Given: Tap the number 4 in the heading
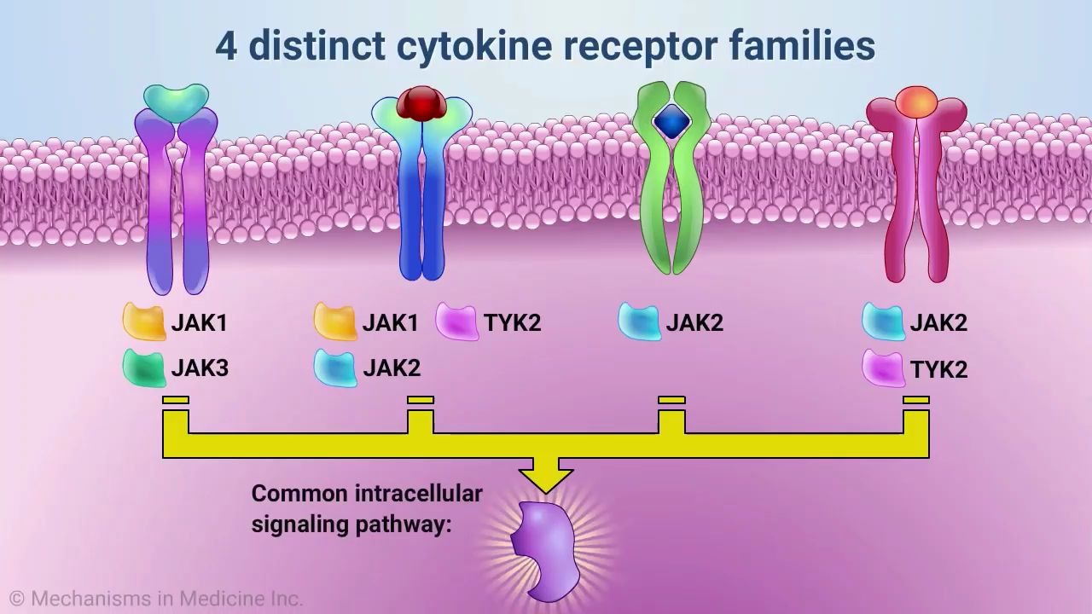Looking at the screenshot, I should coord(226,46).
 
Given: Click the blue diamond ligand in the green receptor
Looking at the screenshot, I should coord(671,122).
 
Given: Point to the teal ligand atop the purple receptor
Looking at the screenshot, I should coord(176,100).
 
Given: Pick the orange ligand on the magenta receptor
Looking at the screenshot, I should coord(915,101).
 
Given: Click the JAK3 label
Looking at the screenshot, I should coord(200,368).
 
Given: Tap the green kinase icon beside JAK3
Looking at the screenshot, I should coord(144,368).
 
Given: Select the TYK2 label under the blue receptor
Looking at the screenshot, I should coord(512,323).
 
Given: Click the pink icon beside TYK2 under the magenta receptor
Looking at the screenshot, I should coord(883,368).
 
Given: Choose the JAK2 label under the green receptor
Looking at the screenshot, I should coord(694,323).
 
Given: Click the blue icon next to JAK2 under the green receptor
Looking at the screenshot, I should coord(639,321).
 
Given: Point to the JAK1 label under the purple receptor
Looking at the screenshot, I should coord(200,323).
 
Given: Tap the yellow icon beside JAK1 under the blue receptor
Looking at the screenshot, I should coord(335,321).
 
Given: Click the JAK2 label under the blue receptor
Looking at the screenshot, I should coord(392,368).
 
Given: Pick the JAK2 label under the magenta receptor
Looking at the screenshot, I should coord(938,323).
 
